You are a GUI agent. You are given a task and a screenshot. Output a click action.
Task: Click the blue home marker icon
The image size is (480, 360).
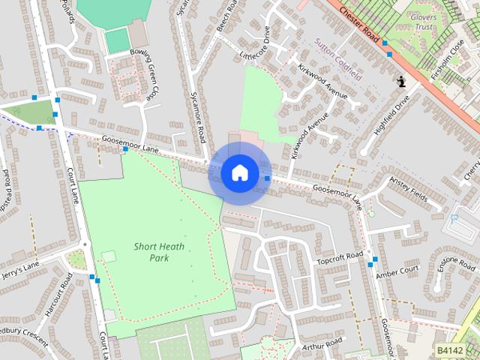click(239, 173)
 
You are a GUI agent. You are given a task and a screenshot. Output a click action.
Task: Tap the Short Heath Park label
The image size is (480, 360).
click(151, 252)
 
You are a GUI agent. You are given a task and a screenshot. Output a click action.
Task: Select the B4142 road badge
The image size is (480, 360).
click(450, 350)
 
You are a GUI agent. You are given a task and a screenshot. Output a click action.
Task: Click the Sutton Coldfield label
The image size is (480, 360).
click(338, 60)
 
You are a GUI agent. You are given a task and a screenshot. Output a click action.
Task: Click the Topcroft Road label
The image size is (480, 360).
click(339, 258)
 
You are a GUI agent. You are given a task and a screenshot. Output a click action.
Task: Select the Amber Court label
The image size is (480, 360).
click(397, 270)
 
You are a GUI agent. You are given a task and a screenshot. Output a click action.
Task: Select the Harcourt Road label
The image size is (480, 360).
click(58, 296)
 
